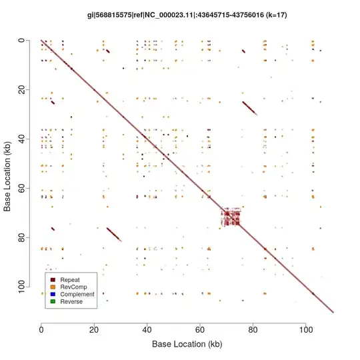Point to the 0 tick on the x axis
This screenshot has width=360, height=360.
[x=41, y=327]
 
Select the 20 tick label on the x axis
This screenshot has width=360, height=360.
[x=94, y=327]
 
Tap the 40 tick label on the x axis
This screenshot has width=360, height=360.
[x=147, y=327]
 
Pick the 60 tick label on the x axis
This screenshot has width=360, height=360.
[x=200, y=327]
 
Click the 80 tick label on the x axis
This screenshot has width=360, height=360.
[x=253, y=327]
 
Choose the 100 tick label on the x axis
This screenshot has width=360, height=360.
[x=306, y=327]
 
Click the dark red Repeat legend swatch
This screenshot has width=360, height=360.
[x=52, y=279]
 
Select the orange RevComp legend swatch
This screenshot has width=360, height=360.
[x=52, y=287]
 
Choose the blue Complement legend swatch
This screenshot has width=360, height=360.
[x=52, y=294]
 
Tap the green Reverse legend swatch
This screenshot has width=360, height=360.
[x=52, y=302]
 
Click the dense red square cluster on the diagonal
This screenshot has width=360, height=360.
[x=230, y=217]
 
